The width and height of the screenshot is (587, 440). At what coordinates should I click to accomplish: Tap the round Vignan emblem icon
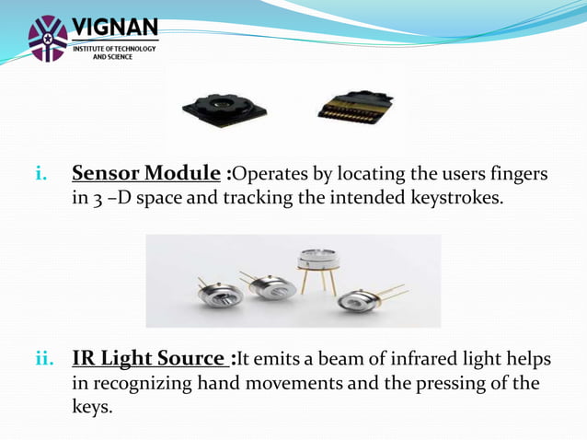pyautogui.click(x=48, y=38)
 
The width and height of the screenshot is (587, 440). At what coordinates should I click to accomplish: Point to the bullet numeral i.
pyautogui.click(x=40, y=174)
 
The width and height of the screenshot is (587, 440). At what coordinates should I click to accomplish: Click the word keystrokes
pyautogui.click(x=460, y=198)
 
